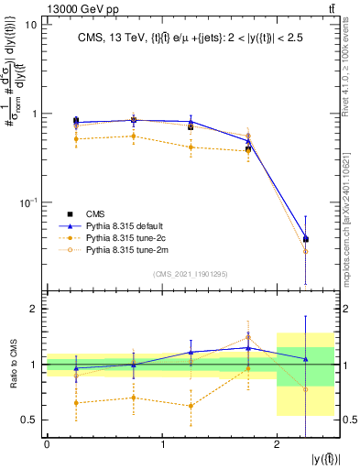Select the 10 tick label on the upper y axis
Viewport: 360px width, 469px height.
coord(30,25)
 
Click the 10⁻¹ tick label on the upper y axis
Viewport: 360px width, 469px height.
coord(27,202)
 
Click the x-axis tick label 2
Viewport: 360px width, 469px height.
coord(277,444)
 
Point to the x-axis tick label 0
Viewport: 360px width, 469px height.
coord(47,444)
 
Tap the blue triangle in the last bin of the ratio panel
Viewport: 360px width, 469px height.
coord(306,358)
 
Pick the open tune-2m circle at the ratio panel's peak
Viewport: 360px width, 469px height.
coord(248,337)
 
